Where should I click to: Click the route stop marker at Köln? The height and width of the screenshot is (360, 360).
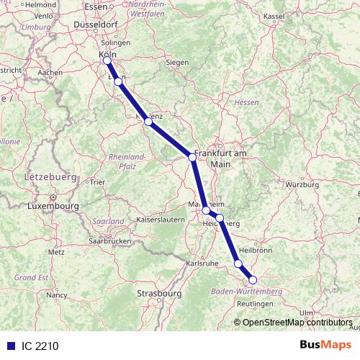107,60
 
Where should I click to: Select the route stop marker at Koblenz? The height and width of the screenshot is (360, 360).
148,122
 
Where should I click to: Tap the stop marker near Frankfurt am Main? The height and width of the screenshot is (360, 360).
192,157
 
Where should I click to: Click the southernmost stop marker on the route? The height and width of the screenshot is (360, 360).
253,280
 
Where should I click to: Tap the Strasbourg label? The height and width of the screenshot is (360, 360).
159,294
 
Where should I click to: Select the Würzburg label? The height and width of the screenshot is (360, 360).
302,185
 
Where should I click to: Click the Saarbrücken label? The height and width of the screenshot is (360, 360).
109,240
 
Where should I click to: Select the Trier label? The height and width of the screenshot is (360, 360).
97,182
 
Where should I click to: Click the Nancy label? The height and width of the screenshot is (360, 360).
56,295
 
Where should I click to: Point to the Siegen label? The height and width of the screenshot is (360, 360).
177,62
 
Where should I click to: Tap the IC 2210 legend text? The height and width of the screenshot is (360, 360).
39,346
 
